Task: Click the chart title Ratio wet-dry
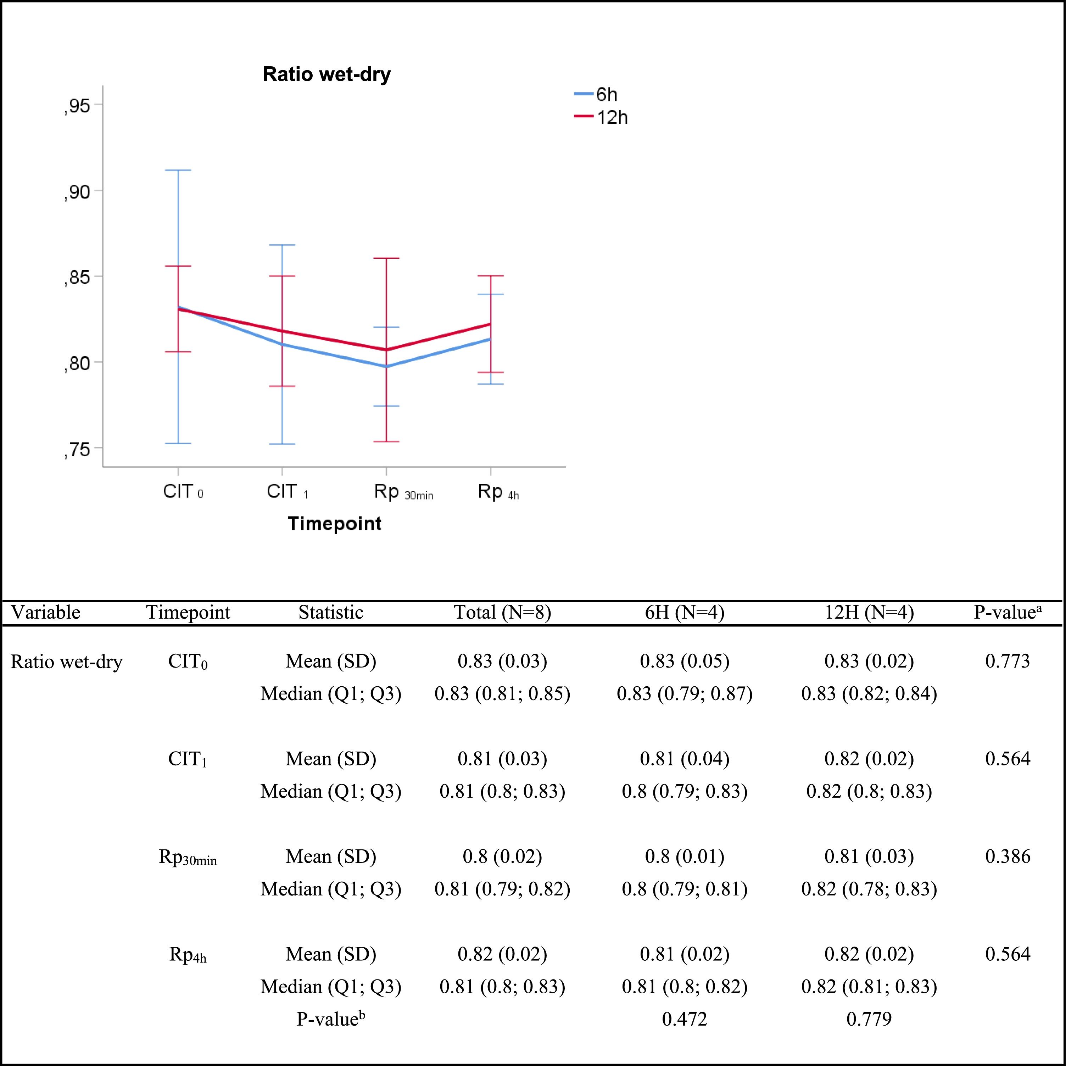coord(326,74)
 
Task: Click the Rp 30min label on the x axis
coord(403,492)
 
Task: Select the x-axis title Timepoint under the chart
coord(334,523)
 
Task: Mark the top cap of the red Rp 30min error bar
coord(386,258)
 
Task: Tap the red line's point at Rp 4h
coord(491,324)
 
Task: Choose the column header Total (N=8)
coord(502,613)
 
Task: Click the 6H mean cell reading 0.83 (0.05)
coord(684,661)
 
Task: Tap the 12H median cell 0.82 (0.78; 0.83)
coord(869,889)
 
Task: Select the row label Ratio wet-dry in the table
coord(66,662)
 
